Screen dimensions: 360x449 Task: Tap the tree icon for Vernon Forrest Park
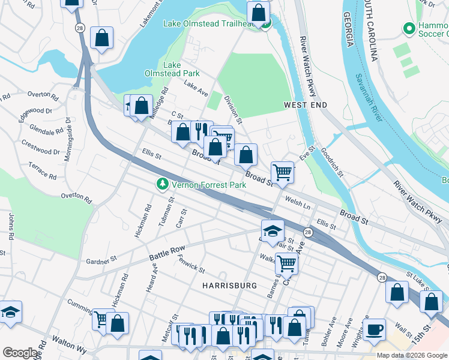161,185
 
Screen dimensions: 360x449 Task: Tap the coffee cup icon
375,329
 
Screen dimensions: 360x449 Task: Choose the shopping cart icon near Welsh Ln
282,172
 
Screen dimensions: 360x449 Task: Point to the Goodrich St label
331,163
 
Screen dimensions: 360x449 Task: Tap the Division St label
232,109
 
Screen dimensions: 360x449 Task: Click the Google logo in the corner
20,353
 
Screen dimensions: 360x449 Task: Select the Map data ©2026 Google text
412,355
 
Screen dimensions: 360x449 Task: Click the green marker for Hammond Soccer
409,28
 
